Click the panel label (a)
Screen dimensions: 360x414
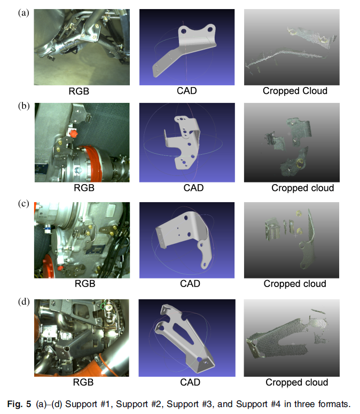coord(24,13)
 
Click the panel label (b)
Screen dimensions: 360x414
coord(24,106)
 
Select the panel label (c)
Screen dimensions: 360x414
coord(24,204)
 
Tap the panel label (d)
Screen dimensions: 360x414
coord(24,301)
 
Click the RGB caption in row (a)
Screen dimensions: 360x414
coord(79,91)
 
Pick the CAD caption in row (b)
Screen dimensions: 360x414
coord(193,188)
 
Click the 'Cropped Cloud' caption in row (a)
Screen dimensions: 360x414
coord(295,91)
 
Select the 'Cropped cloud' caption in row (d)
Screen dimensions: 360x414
coord(296,383)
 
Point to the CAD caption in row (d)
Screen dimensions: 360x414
coord(190,383)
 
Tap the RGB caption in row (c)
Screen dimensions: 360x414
coord(85,284)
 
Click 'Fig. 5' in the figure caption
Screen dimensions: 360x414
coord(19,404)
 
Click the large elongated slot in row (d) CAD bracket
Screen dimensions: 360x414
coord(184,331)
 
